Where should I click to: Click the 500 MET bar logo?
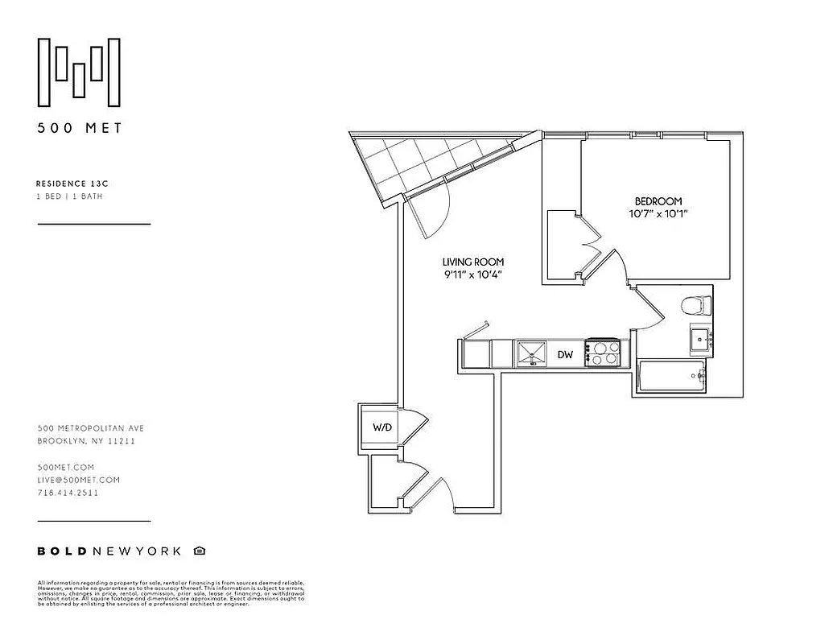click(80, 72)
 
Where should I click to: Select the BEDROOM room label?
click(658, 201)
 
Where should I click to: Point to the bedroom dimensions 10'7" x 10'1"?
click(658, 214)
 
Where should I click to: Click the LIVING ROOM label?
click(473, 262)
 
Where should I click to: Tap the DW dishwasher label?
click(565, 354)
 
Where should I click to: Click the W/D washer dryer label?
click(381, 427)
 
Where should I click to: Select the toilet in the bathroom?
click(693, 307)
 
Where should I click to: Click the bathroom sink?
click(699, 340)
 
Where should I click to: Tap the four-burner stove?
click(604, 353)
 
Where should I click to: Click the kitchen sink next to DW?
click(531, 353)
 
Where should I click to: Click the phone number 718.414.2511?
click(68, 493)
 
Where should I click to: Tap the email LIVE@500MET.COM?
click(79, 480)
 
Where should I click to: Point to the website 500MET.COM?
click(66, 467)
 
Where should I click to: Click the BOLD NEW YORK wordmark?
click(111, 551)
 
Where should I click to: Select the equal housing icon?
click(199, 551)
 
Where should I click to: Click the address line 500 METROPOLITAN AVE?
click(90, 429)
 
